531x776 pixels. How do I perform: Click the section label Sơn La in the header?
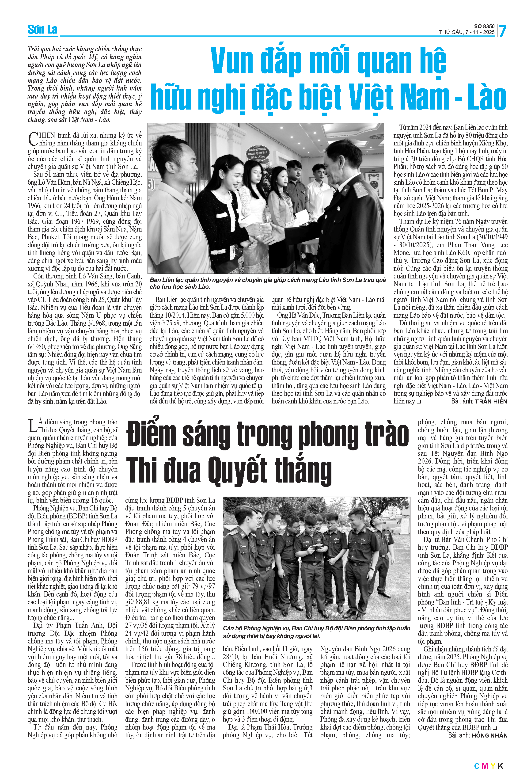(x=42, y=30)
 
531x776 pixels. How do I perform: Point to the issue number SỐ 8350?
(x=485, y=26)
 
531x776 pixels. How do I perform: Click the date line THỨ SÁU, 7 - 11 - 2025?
(x=467, y=32)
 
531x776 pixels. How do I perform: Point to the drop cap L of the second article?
(x=32, y=426)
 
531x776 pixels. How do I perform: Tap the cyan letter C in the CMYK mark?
(x=477, y=766)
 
